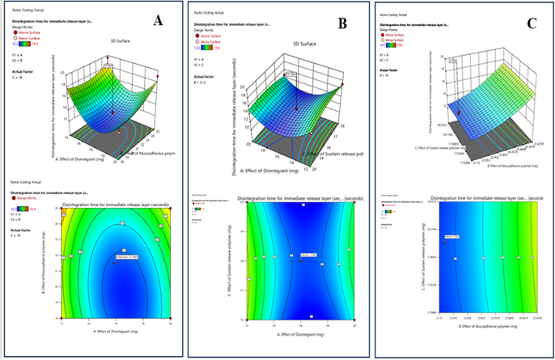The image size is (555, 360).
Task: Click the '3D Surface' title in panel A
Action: (x=99, y=40)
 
